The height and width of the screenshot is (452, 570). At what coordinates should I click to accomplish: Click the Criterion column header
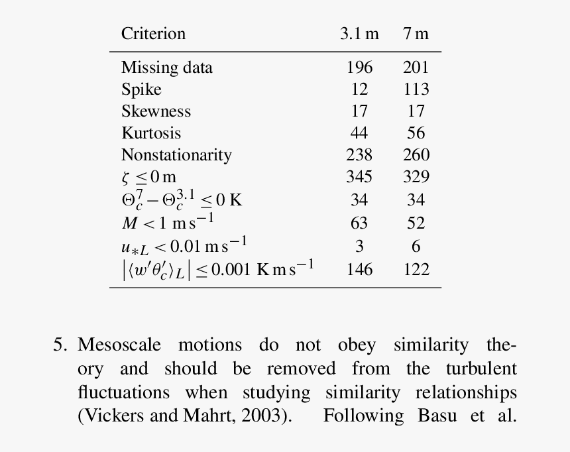pyautogui.click(x=153, y=34)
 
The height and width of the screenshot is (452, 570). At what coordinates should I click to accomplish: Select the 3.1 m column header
pyautogui.click(x=359, y=34)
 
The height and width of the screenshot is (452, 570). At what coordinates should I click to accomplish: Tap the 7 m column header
pyautogui.click(x=416, y=34)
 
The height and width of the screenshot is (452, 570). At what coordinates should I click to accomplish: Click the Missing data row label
pyautogui.click(x=166, y=68)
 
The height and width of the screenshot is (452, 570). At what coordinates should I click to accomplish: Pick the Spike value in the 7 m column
pyautogui.click(x=416, y=89)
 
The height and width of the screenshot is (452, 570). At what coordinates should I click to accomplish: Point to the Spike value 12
pyautogui.click(x=359, y=89)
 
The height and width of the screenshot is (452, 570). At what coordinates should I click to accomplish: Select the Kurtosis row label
pyautogui.click(x=151, y=133)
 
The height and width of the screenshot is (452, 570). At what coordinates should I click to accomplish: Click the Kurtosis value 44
pyautogui.click(x=359, y=133)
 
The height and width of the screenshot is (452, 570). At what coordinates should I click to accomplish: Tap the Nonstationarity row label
pyautogui.click(x=176, y=155)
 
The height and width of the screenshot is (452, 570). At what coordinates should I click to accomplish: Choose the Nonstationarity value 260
pyautogui.click(x=416, y=155)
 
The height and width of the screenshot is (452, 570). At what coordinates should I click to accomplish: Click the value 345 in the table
pyautogui.click(x=359, y=177)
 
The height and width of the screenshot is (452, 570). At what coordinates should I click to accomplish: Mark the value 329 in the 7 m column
pyautogui.click(x=416, y=177)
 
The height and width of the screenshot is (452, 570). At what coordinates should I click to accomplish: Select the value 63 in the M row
pyautogui.click(x=359, y=223)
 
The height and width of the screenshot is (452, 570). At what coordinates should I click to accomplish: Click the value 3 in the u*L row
pyautogui.click(x=359, y=247)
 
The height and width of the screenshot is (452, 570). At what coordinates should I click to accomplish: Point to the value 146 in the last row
pyautogui.click(x=359, y=270)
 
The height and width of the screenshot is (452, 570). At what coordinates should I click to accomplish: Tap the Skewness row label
pyautogui.click(x=156, y=111)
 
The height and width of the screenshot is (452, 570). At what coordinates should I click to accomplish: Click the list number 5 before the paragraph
pyautogui.click(x=60, y=345)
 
